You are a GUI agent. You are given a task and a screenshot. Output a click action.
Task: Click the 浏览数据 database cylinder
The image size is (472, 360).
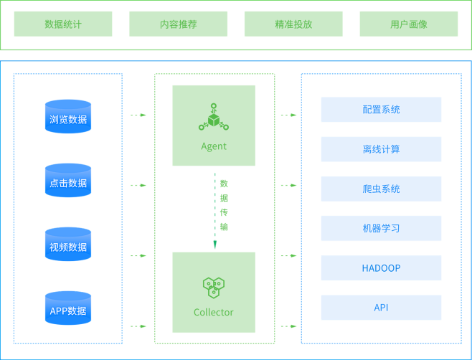(68, 117)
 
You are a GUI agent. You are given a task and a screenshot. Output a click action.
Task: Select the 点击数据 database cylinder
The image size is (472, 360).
(68, 181)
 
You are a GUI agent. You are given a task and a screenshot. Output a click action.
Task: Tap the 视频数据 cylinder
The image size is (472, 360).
(68, 245)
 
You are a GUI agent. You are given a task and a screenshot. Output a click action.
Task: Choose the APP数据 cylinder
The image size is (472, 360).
(68, 308)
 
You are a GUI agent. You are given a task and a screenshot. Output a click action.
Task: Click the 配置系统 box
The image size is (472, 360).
(381, 110)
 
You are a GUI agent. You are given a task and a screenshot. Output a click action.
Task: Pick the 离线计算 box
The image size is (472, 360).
(381, 149)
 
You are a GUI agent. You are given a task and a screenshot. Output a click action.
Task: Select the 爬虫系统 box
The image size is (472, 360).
(381, 189)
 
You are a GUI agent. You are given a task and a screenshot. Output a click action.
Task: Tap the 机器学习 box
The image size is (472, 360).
(381, 228)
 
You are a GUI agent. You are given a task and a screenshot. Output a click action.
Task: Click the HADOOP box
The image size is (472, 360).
(381, 267)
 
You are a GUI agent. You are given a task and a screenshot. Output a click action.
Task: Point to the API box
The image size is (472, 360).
(381, 307)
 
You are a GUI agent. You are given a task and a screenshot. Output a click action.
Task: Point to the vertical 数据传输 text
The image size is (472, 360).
(224, 204)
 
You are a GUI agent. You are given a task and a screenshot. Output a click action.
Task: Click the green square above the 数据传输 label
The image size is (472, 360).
(214, 125)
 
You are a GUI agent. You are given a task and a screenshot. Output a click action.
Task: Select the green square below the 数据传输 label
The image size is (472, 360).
(214, 293)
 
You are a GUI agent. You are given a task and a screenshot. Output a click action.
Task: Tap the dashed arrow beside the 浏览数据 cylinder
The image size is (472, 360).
(138, 115)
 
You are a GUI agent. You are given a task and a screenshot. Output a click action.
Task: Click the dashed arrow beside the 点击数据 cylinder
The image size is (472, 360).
(138, 185)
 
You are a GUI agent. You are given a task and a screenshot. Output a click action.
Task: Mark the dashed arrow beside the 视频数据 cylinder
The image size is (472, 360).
(138, 255)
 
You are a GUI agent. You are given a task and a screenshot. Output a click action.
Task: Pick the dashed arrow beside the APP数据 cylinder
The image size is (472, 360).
(138, 326)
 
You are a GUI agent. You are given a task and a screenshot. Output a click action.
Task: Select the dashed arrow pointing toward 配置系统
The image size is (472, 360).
(289, 115)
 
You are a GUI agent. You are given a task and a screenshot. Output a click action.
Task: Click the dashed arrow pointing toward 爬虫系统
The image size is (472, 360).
(289, 185)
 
